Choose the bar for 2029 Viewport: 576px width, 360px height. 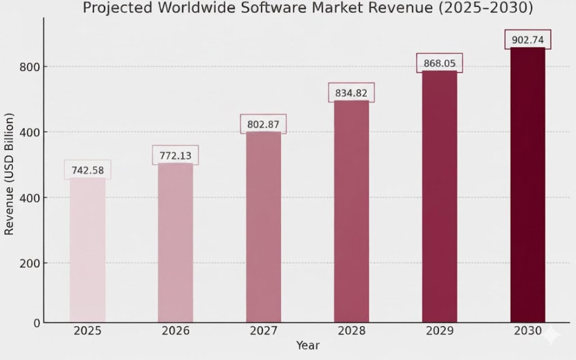point(439,196)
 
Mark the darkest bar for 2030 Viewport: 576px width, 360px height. point(528,185)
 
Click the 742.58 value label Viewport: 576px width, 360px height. point(87,170)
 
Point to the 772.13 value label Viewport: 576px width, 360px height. point(175,155)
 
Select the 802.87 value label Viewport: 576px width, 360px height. point(263,124)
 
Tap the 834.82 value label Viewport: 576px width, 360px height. point(351,93)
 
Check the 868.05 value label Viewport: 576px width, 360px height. point(439,63)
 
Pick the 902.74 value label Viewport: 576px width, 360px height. point(528,39)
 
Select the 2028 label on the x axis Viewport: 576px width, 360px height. point(351,330)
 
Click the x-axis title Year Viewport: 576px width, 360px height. point(308,346)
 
